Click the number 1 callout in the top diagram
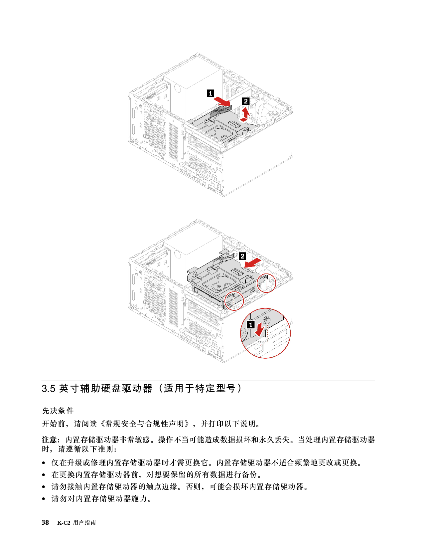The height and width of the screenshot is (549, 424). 211,93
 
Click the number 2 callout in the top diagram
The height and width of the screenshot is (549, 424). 246,101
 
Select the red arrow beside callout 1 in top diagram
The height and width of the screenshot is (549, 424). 222,102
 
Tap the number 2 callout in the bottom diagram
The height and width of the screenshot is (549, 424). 242,256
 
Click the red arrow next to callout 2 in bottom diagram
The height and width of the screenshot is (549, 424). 253,263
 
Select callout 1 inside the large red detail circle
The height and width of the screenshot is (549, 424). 250,325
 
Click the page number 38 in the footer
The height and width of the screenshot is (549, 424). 45,522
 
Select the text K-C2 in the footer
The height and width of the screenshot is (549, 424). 64,523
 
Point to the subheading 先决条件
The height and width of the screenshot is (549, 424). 58,411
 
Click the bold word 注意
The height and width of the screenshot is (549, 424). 50,440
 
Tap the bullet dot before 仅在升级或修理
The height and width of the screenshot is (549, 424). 44,463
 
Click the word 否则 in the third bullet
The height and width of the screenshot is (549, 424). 194,486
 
